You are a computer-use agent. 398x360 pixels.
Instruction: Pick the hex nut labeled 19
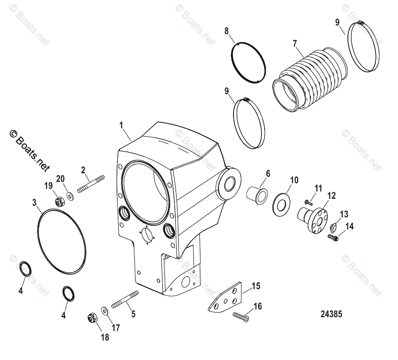pyautogui.click(x=61, y=201)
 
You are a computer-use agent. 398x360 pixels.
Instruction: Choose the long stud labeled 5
pyautogui.click(x=125, y=299)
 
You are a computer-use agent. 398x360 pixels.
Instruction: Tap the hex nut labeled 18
pyautogui.click(x=92, y=318)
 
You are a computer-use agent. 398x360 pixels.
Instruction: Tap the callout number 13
pyautogui.click(x=344, y=215)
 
